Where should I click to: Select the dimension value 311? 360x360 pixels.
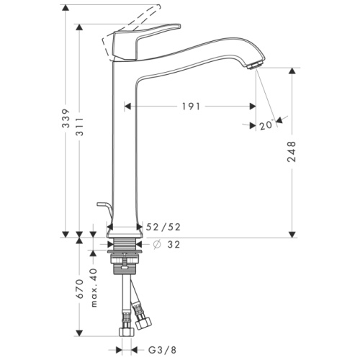coord(86,125)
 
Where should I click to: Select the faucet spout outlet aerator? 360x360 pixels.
coord(252,66)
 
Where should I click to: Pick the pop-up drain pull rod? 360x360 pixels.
coord(106,212)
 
